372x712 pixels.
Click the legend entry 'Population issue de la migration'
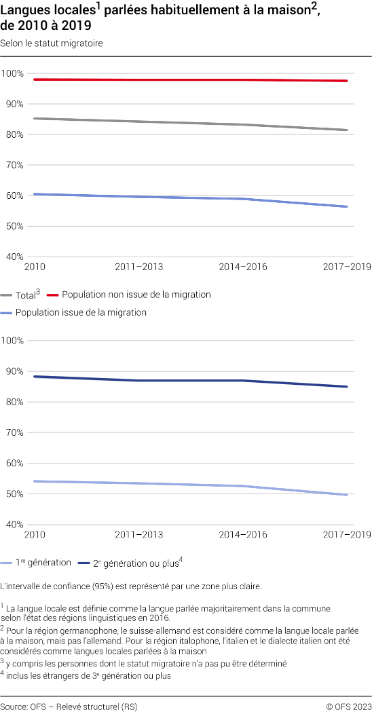pyautogui.click(x=81, y=313)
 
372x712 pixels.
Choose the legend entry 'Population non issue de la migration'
pyautogui.click(x=136, y=295)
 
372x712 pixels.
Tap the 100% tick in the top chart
pyautogui.click(x=13, y=73)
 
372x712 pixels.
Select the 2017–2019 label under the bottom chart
pyautogui.click(x=347, y=535)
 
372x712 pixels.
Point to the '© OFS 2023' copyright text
pyautogui.click(x=348, y=707)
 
